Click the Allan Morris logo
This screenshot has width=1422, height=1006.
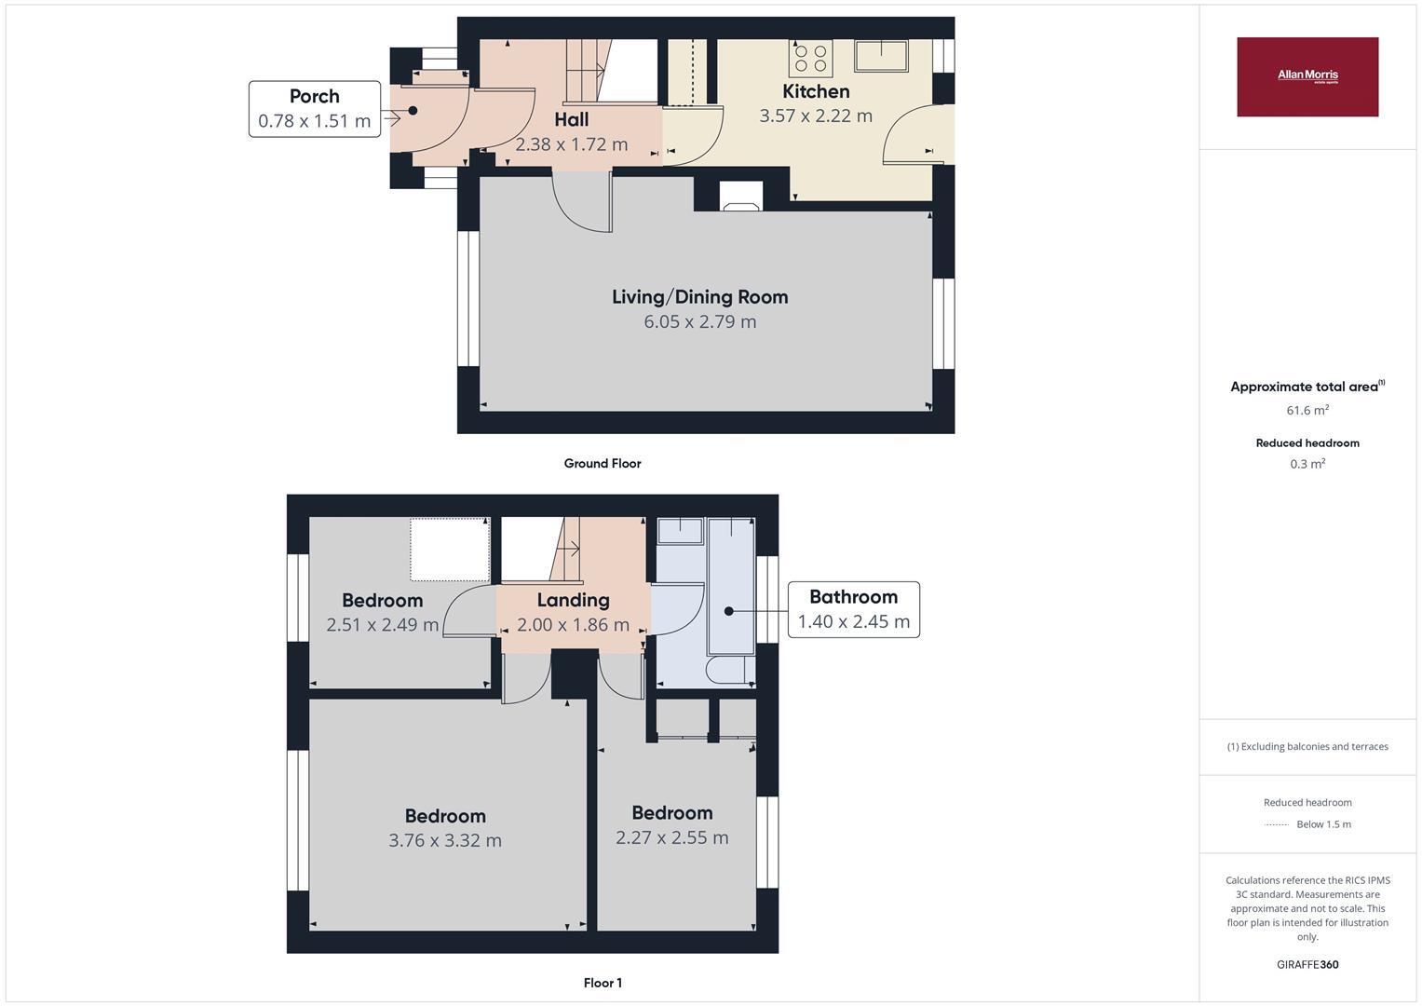pos(1307,76)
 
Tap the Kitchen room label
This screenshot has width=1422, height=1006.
pos(816,91)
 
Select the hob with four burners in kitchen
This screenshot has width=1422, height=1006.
pos(810,58)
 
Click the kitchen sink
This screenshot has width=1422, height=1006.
pos(881,56)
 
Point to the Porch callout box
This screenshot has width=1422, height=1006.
pos(315,109)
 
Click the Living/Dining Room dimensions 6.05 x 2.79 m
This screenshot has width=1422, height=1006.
pos(699,322)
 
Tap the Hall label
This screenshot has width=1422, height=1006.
pos(571,120)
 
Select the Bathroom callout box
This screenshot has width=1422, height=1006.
pos(853,609)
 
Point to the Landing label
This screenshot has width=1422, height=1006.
pos(573,601)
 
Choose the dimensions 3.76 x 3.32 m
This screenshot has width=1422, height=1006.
pos(445,841)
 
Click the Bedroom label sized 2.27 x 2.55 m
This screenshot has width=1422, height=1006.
pos(671,813)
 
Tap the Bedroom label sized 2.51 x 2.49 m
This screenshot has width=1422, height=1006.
pos(382,601)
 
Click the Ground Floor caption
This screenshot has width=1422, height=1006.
pos(603,464)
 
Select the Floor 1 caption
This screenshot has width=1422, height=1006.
pos(603,983)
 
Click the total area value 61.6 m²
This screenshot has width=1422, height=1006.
pos(1307,411)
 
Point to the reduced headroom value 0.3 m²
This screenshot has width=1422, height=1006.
pos(1307,464)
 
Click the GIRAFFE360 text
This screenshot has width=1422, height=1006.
pos(1307,965)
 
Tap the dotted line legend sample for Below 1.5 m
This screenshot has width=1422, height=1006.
pos(1277,825)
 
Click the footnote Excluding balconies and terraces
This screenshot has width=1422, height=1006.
pos(1307,747)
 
